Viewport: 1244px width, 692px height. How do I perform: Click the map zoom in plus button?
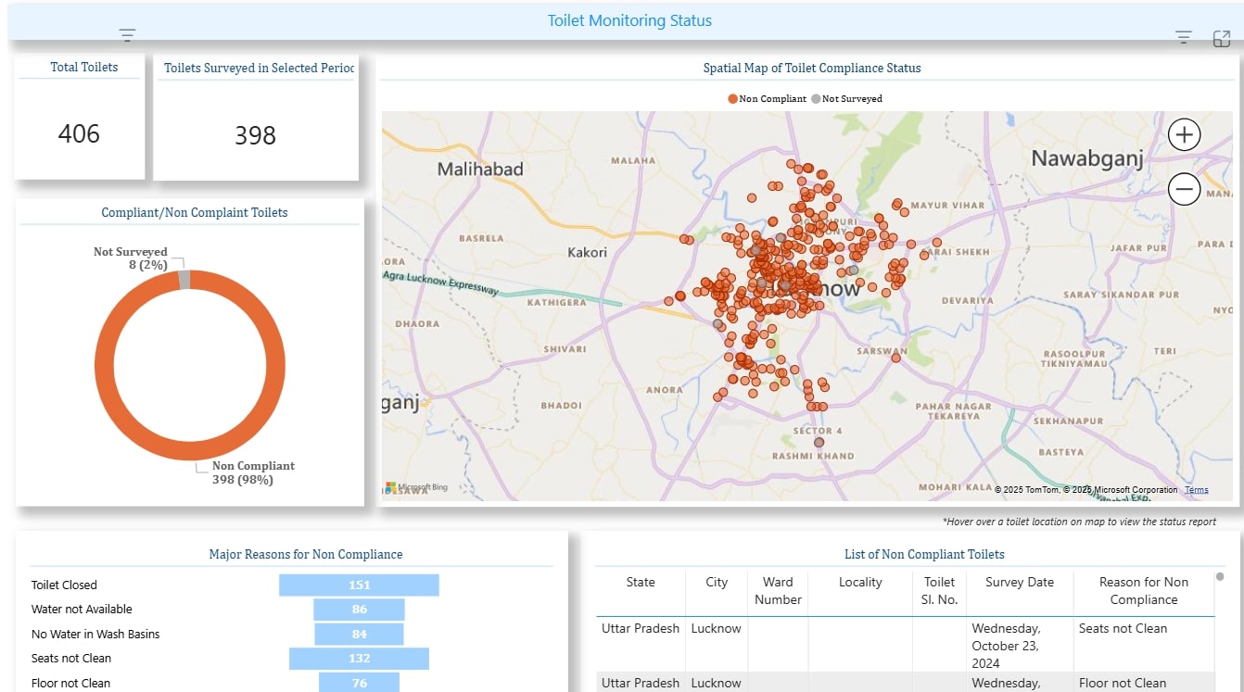click(1184, 134)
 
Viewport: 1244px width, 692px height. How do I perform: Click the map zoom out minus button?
click(1184, 190)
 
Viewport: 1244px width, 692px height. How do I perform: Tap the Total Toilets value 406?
click(79, 134)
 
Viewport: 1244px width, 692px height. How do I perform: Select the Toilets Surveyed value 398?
click(255, 135)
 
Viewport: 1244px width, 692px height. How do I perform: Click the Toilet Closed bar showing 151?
click(359, 585)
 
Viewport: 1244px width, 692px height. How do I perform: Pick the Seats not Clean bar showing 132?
click(359, 658)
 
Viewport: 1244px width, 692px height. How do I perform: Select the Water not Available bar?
click(359, 609)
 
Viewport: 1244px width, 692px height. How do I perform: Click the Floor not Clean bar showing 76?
click(359, 683)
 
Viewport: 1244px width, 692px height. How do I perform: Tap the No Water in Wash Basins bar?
click(359, 634)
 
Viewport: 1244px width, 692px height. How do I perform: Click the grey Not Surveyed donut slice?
click(184, 280)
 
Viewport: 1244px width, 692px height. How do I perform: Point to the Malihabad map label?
click(480, 170)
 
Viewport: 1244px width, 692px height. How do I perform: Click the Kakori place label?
click(587, 252)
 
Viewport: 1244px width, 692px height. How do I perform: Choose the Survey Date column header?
click(1019, 582)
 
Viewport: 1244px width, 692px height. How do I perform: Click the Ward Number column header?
click(778, 590)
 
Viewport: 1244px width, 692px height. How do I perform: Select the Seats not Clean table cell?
click(1123, 628)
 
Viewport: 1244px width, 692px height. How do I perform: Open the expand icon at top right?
click(1222, 38)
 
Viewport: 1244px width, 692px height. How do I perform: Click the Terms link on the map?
click(1196, 490)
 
